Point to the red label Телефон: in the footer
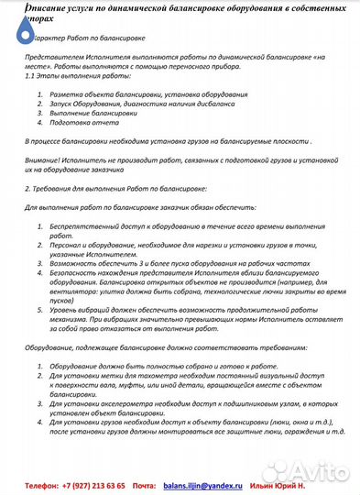[x=42, y=484]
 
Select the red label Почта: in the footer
[x=144, y=484]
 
